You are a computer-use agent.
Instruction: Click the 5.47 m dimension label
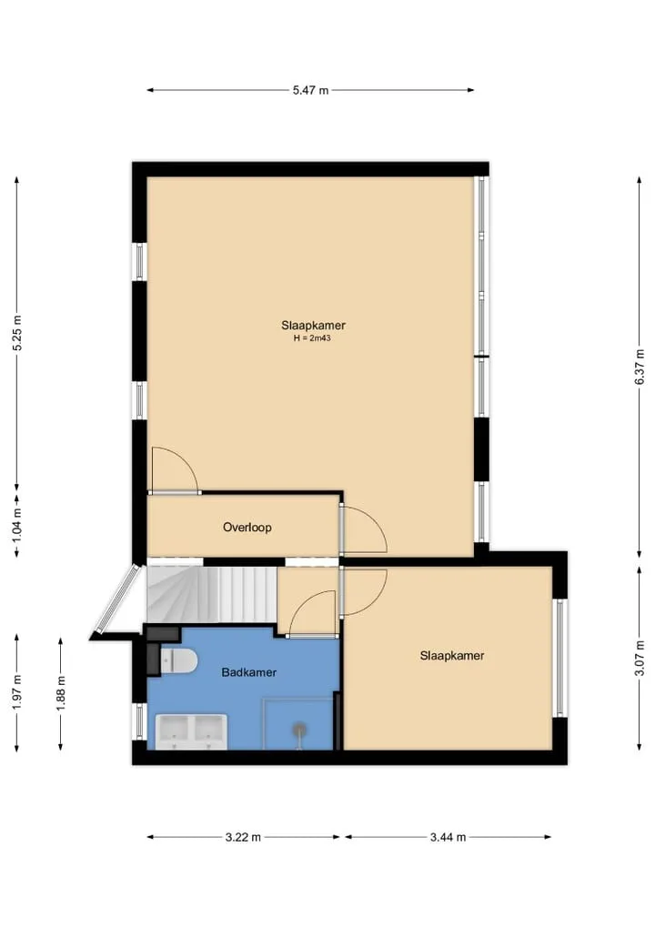pos(310,90)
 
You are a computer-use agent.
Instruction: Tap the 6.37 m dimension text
pos(640,367)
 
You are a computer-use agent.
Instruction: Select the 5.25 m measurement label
pos(17,333)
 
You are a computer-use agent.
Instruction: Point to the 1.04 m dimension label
pos(17,524)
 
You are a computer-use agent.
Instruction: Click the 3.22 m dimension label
pos(243,837)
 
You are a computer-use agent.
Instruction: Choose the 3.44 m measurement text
pos(448,837)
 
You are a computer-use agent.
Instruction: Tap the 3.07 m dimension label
pos(640,658)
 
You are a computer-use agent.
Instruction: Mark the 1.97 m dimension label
pos(17,691)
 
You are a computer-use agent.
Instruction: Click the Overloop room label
pos(247,528)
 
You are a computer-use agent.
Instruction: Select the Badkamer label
pos(249,672)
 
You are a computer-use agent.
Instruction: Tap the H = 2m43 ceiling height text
pos(312,338)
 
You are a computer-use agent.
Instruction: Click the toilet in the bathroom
pos(179,660)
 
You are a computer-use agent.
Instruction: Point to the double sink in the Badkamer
pos(191,732)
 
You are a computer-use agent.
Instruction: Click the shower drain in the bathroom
pos(299,729)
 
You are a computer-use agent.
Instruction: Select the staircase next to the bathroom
pos(212,594)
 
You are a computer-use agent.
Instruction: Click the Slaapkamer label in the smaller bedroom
pos(452,656)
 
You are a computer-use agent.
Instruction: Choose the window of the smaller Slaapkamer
pos(559,658)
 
